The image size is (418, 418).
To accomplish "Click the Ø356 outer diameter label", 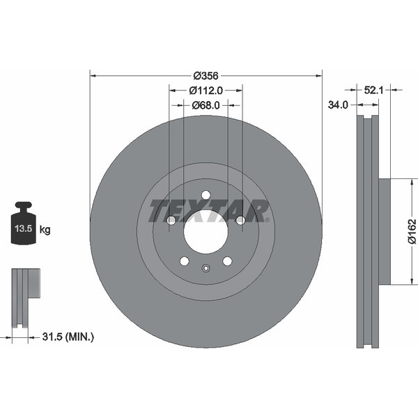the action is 206,76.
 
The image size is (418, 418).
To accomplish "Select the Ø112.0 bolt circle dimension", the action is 206,91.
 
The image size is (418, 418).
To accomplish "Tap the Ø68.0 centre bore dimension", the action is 206,106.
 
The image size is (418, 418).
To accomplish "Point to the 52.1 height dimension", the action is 373,91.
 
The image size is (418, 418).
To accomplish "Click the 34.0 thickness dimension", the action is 338,105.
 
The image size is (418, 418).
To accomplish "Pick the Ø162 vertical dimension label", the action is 412,231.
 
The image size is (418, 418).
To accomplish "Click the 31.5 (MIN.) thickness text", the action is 68,337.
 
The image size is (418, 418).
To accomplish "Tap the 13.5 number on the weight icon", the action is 24,229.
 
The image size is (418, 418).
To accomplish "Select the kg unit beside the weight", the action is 45,229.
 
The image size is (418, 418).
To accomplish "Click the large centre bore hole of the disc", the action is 206,231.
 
